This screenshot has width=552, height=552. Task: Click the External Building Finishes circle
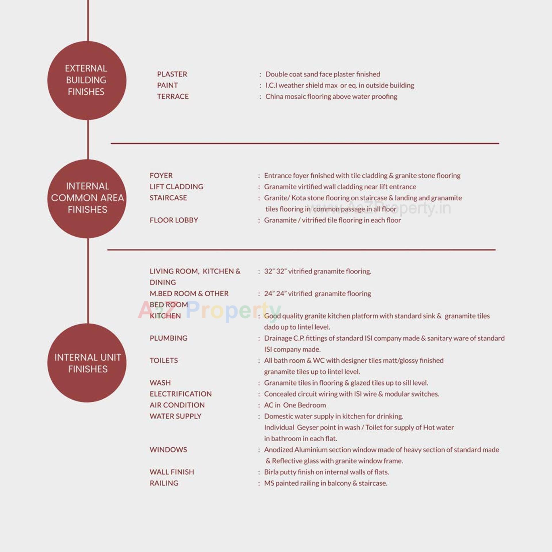pos(87,80)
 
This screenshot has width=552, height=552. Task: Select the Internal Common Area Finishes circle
pos(87,198)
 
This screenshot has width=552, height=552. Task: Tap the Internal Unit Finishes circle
pos(87,363)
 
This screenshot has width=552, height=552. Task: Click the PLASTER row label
pos(172,74)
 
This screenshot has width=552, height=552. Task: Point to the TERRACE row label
pos(173,97)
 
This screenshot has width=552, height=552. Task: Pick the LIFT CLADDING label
pos(176,187)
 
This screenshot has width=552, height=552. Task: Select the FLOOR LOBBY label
pos(174,220)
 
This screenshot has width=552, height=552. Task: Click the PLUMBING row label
pos(168,338)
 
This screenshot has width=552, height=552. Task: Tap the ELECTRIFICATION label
pos(181,394)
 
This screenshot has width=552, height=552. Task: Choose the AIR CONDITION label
pos(177,405)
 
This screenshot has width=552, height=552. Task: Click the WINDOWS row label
pos(168,450)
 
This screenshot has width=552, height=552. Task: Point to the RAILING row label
pos(164,483)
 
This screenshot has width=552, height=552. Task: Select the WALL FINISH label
pos(172,472)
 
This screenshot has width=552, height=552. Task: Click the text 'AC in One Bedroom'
pos(295,405)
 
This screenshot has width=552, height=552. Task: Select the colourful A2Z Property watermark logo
pos(209,310)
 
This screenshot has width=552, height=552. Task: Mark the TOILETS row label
pos(164,361)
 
